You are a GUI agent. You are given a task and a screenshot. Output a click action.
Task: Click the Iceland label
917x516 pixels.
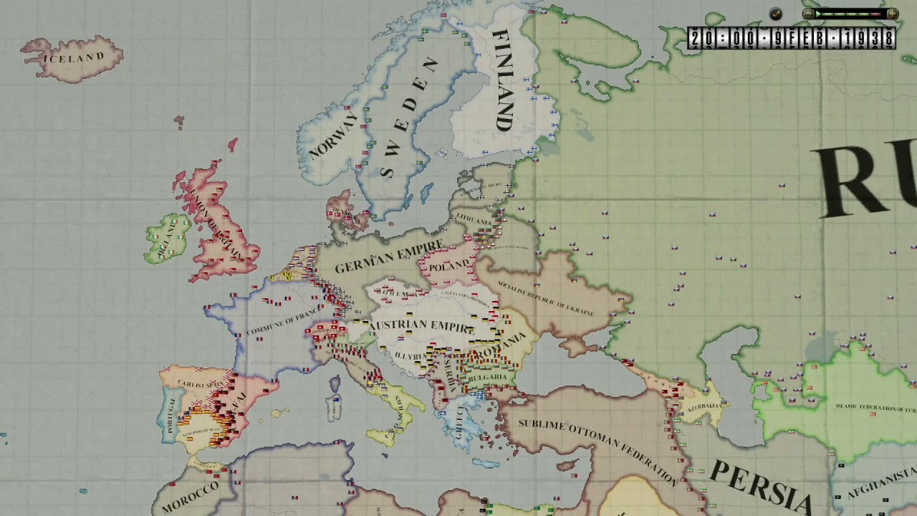(74, 57)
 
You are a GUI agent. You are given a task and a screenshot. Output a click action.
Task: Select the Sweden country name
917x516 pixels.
(408, 118)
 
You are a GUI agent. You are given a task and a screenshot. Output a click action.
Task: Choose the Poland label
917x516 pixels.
(449, 265)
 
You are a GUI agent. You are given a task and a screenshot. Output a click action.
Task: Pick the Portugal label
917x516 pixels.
(171, 415)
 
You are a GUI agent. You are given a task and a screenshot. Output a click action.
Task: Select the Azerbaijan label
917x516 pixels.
(705, 406)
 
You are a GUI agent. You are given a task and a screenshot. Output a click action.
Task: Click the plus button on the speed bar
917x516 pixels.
(892, 14)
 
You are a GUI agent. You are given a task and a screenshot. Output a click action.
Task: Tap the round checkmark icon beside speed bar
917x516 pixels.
(776, 14)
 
